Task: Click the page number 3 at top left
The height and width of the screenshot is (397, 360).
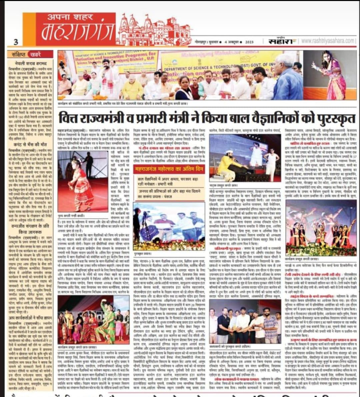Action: (x=16, y=42)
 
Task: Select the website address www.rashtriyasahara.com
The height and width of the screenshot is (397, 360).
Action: (x=328, y=41)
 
